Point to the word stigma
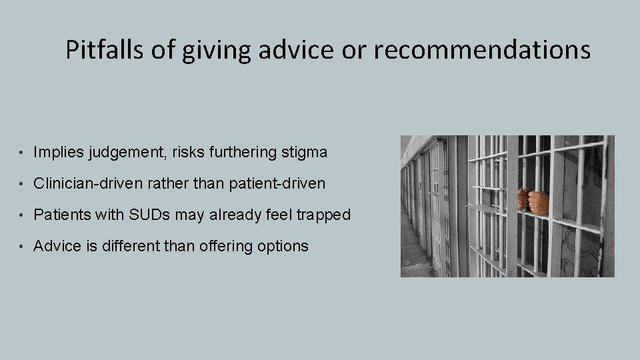pos(305,153)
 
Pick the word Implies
pos(57,153)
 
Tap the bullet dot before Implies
pos(23,153)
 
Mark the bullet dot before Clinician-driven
pos(23,184)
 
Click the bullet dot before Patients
pos(23,215)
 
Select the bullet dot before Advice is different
pos(23,247)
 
